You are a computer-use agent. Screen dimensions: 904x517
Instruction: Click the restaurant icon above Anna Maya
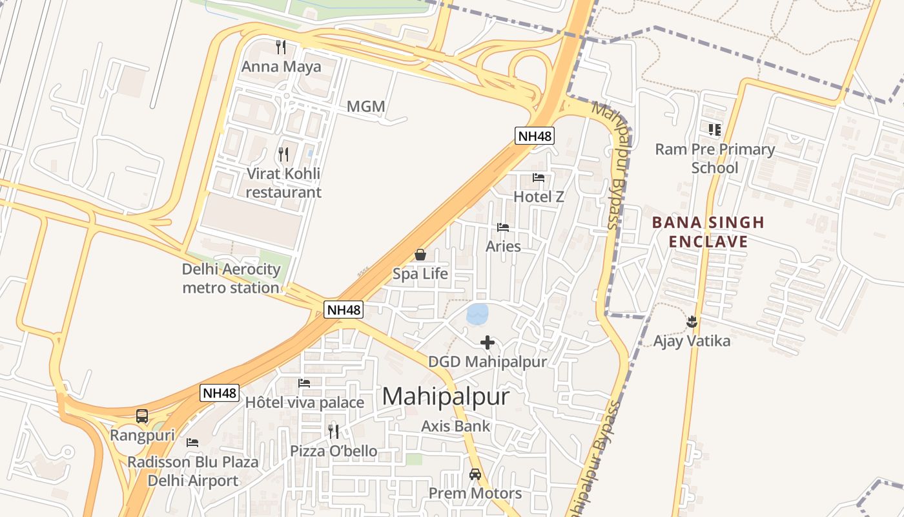coord(281,47)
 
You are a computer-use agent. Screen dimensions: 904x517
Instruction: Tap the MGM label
coord(365,107)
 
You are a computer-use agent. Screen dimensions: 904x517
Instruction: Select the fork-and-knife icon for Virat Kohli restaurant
coord(283,154)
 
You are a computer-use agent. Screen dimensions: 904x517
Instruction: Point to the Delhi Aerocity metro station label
coord(231,279)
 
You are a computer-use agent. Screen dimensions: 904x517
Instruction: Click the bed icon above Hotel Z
coord(539,178)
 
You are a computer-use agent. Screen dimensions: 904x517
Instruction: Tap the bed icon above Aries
coord(503,227)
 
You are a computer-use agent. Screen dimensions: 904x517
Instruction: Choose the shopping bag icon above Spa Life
coord(420,255)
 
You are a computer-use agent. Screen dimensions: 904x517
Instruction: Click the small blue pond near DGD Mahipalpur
coord(477,315)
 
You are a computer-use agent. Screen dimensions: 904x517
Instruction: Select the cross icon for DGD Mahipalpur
coord(488,343)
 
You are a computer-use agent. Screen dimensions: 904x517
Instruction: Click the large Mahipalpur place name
coord(446,396)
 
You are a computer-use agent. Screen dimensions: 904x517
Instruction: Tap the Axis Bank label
coord(456,426)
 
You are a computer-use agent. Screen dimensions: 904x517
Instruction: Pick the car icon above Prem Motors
coord(475,474)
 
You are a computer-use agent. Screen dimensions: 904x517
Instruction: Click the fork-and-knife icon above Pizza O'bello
coord(333,432)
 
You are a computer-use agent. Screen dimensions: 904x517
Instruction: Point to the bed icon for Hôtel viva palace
coord(304,383)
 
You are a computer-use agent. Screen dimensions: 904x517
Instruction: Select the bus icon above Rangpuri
coord(142,416)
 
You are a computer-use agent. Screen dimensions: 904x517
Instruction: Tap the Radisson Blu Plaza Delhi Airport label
coord(192,471)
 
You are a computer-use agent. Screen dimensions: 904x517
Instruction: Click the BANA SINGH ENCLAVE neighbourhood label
coord(708,233)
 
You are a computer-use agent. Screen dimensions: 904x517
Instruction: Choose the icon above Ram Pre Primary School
coord(714,130)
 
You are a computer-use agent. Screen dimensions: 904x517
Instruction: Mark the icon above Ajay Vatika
coord(692,321)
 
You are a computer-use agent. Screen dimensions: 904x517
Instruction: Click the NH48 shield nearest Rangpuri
coord(220,393)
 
